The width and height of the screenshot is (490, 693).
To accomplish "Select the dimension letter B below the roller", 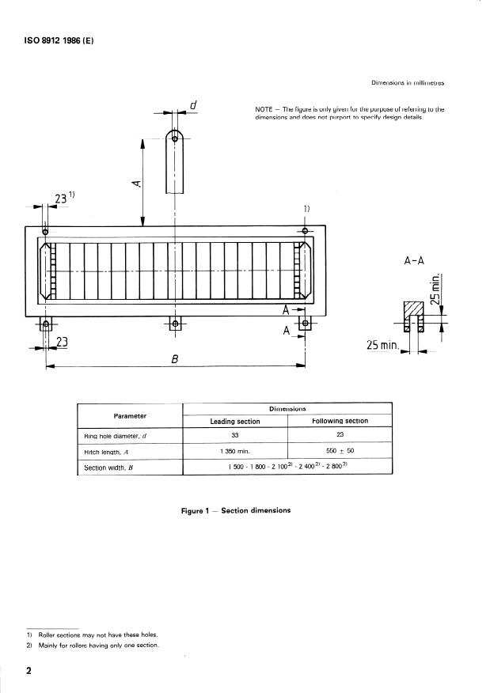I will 175,358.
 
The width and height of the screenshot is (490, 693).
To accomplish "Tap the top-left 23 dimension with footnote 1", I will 63,198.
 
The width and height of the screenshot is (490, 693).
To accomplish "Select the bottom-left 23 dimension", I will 63,342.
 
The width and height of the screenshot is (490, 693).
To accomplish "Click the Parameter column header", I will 130,415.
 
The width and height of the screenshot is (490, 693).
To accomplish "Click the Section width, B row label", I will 111,468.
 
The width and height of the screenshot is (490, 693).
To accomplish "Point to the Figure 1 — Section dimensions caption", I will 235,510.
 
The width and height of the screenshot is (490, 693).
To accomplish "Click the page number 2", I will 28,671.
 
